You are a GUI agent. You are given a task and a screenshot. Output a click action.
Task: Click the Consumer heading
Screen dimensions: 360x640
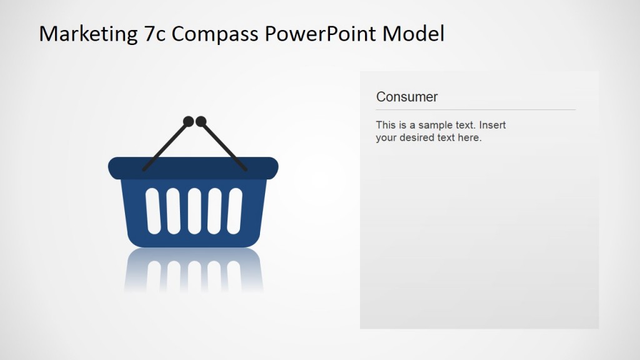(x=407, y=97)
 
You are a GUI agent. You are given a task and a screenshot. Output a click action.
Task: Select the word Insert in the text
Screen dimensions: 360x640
(x=492, y=125)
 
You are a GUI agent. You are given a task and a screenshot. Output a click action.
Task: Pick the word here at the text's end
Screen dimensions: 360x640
(x=469, y=137)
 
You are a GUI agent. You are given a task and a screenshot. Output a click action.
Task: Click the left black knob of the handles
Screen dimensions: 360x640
(x=188, y=121)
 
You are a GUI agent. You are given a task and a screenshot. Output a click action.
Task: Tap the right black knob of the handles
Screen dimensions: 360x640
(x=201, y=121)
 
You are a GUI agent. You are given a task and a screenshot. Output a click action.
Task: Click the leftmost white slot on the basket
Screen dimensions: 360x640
(x=153, y=211)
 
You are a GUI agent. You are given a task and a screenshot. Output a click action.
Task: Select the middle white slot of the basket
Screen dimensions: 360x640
(x=194, y=211)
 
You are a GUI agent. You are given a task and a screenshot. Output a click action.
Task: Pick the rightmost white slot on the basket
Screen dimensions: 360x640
(x=235, y=211)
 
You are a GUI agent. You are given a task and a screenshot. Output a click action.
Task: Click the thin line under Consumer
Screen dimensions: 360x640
(x=475, y=110)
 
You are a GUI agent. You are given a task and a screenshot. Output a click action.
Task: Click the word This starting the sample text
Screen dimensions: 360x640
(x=386, y=125)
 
